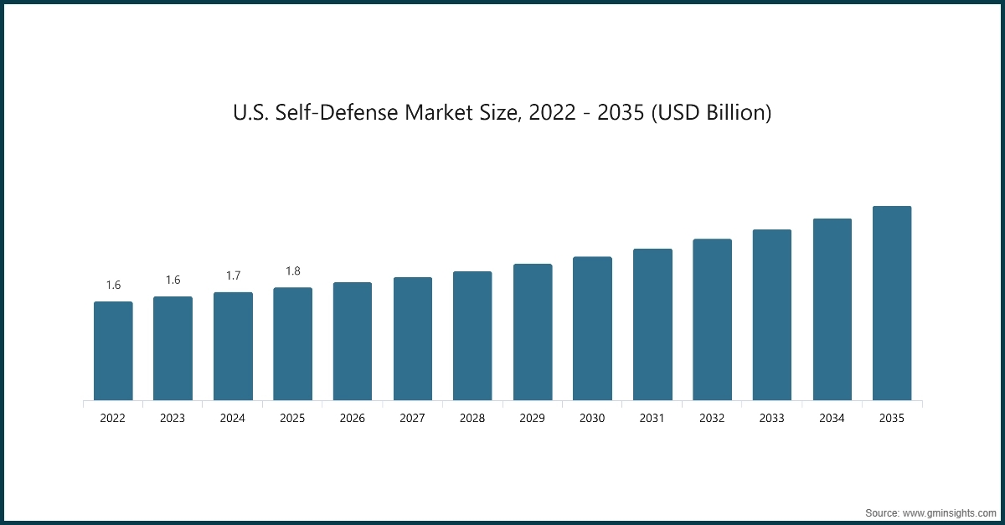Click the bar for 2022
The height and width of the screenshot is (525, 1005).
(113, 351)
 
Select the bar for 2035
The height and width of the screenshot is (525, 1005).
(892, 303)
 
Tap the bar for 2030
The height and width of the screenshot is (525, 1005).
(592, 328)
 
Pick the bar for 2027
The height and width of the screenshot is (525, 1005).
(413, 338)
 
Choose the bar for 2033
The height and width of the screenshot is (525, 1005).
(772, 315)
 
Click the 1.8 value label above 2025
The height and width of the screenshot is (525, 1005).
(293, 271)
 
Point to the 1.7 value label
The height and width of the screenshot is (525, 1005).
(233, 275)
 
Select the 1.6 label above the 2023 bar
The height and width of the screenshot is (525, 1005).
(173, 281)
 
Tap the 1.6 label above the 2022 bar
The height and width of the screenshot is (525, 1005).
(113, 286)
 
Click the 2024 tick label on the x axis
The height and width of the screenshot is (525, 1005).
(233, 418)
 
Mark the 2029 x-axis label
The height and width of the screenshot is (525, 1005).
(533, 418)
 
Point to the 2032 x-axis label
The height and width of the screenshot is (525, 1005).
(712, 418)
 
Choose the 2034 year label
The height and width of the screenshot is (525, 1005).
(832, 418)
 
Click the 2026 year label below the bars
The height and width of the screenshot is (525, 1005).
(353, 418)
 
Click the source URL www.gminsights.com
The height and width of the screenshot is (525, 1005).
(949, 512)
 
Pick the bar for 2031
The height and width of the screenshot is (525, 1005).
(652, 324)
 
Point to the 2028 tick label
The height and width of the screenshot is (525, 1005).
(472, 418)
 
